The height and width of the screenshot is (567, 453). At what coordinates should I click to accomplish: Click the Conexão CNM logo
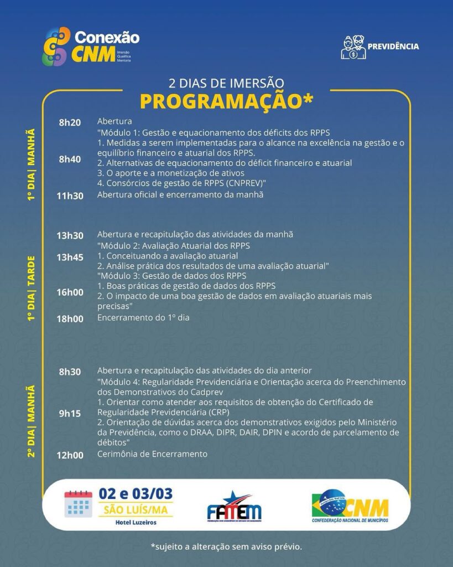pyautogui.click(x=91, y=47)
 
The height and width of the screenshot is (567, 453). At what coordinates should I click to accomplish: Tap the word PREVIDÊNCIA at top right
pyautogui.click(x=393, y=47)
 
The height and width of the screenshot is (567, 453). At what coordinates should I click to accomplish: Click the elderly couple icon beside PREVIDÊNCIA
pyautogui.click(x=352, y=47)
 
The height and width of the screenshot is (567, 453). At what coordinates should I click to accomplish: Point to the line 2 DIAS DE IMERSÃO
pyautogui.click(x=226, y=84)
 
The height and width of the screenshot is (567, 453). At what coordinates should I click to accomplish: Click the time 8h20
pyautogui.click(x=70, y=122)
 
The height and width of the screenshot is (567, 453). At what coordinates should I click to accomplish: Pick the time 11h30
pyautogui.click(x=70, y=195)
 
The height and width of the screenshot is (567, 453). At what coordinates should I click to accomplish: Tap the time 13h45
pyautogui.click(x=70, y=257)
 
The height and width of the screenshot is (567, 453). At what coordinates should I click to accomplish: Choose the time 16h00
pyautogui.click(x=70, y=292)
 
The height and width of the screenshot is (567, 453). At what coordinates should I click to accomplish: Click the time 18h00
pyautogui.click(x=70, y=318)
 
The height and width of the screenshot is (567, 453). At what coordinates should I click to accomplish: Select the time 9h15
pyautogui.click(x=70, y=413)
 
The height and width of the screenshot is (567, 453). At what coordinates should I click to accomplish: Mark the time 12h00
pyautogui.click(x=70, y=455)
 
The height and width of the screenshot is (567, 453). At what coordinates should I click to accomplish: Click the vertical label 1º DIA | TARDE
pyautogui.click(x=32, y=288)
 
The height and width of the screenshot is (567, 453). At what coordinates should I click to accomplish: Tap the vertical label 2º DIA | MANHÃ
pyautogui.click(x=32, y=421)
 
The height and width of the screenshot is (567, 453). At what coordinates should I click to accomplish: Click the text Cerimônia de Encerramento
pyautogui.click(x=152, y=454)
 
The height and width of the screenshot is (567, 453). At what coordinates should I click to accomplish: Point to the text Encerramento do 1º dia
pyautogui.click(x=143, y=318)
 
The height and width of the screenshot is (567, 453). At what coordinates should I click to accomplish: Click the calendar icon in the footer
pyautogui.click(x=78, y=504)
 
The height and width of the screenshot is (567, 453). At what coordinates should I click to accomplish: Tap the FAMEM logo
pyautogui.click(x=233, y=507)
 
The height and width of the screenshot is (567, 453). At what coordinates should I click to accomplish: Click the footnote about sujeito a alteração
pyautogui.click(x=226, y=547)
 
